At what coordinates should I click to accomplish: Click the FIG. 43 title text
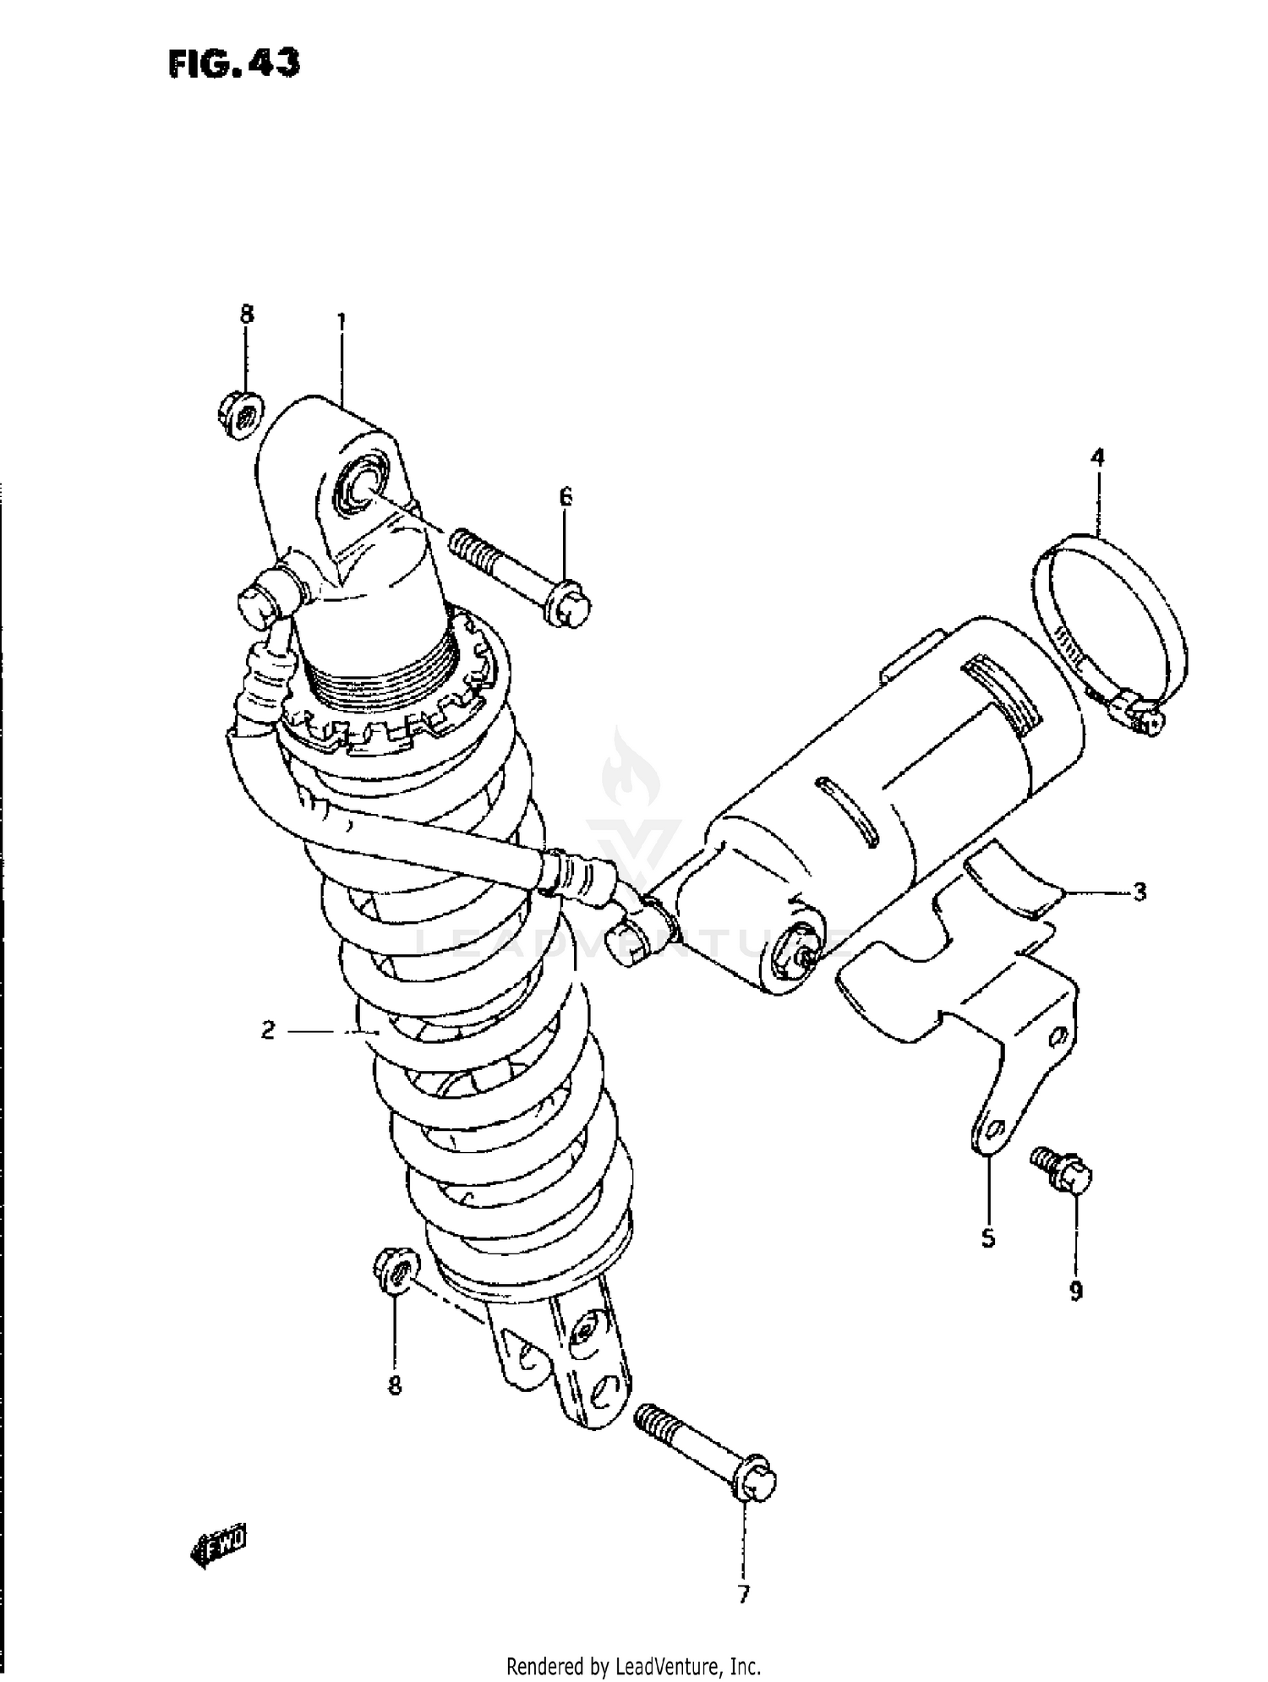[233, 64]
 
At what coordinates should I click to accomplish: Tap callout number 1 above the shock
[342, 322]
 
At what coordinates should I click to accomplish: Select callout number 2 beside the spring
[268, 1030]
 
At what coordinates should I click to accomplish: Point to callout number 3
[1140, 892]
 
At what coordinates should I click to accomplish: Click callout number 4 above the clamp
[1097, 459]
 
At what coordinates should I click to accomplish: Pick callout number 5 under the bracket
[988, 1239]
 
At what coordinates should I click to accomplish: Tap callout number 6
[566, 497]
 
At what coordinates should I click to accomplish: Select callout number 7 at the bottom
[743, 1594]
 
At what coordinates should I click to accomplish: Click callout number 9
[1076, 1291]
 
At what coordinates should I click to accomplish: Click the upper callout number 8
[246, 314]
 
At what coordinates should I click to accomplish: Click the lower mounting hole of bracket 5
[993, 1130]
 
